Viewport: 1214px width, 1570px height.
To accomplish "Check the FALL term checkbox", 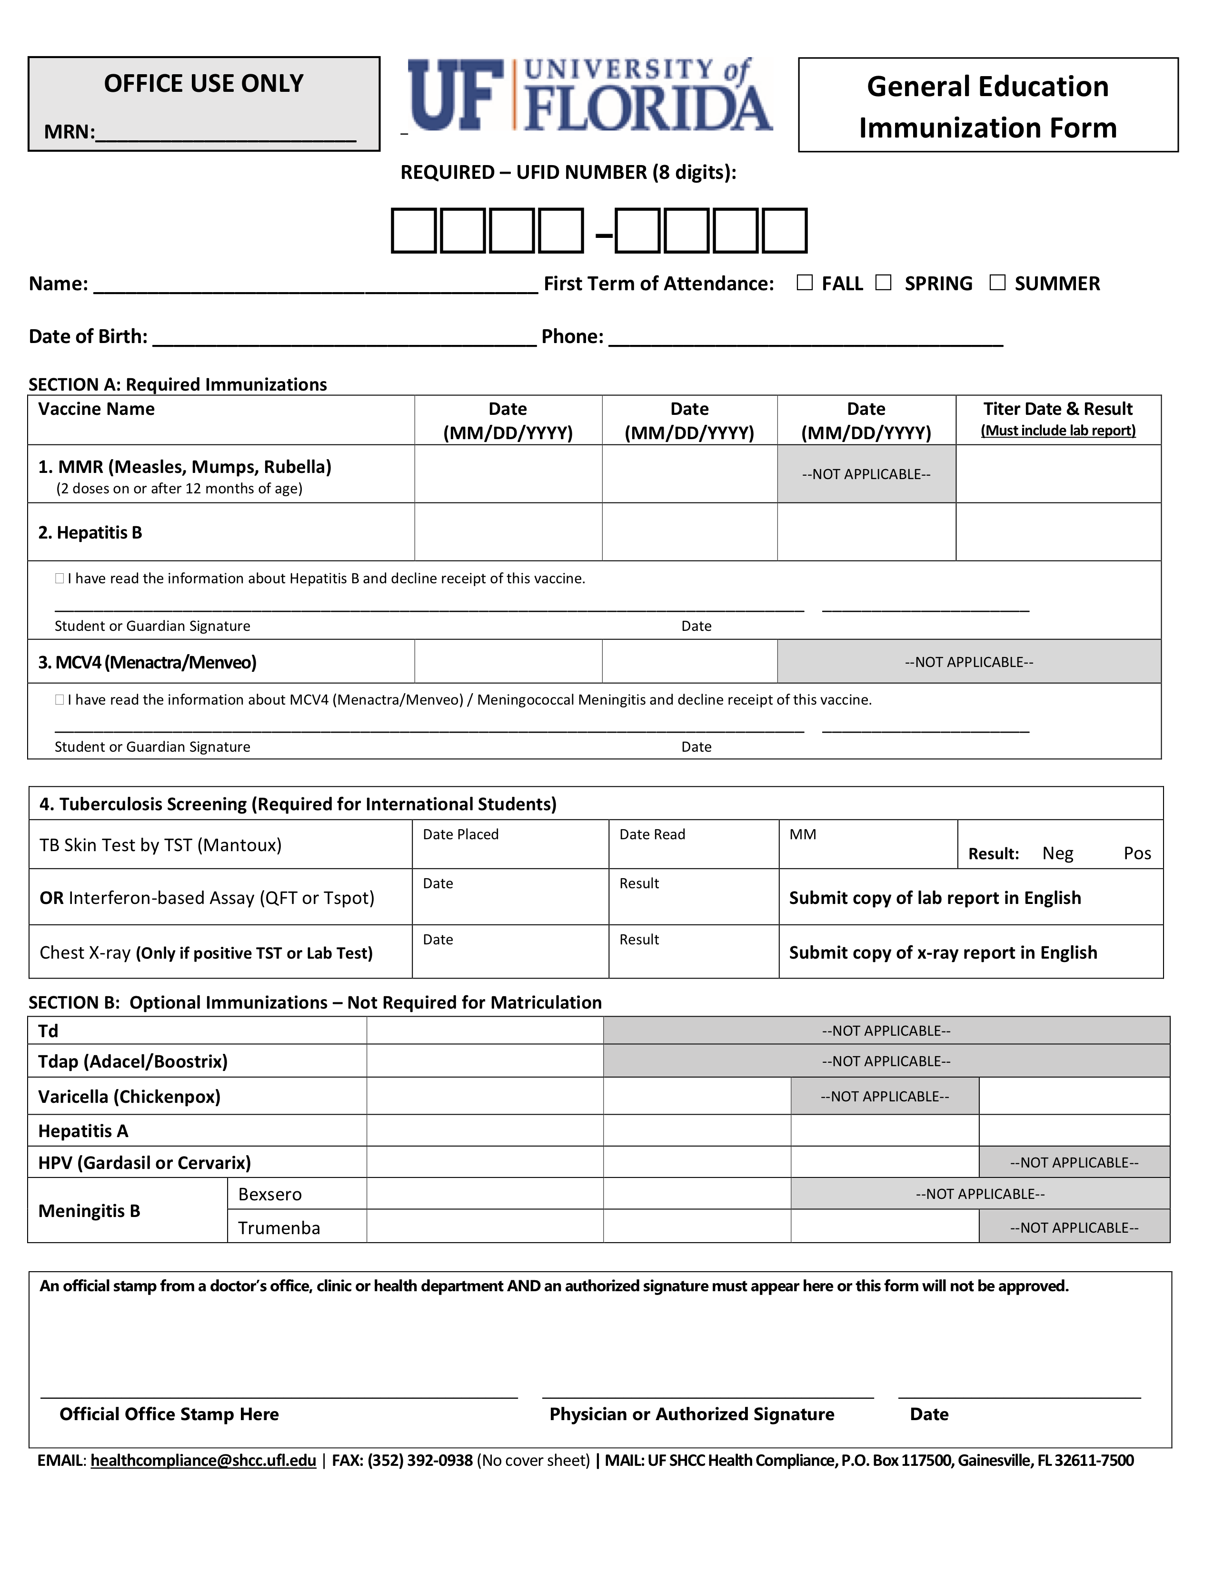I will click(805, 283).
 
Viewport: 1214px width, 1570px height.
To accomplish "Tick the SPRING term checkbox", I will click(883, 283).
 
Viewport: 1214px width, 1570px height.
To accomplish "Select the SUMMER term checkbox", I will click(997, 283).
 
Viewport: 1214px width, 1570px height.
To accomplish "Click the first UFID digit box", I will click(414, 231).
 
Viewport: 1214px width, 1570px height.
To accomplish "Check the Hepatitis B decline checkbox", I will click(60, 579).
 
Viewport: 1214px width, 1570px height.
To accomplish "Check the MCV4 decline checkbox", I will click(60, 699).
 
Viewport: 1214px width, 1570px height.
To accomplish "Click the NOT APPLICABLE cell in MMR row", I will click(866, 474).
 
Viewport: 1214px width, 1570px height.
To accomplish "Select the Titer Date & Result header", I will click(1057, 418).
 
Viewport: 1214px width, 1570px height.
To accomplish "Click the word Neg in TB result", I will click(1057, 854).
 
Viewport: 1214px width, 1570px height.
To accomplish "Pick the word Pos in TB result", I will click(1137, 854).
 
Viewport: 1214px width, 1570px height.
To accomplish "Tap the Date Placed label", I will click(460, 834).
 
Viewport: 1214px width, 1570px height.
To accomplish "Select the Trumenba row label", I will click(279, 1228).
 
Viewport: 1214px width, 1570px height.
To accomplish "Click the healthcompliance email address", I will click(204, 1460).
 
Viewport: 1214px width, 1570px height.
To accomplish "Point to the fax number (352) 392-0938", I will click(420, 1460).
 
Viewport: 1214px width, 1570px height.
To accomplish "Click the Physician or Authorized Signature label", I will click(692, 1414).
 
